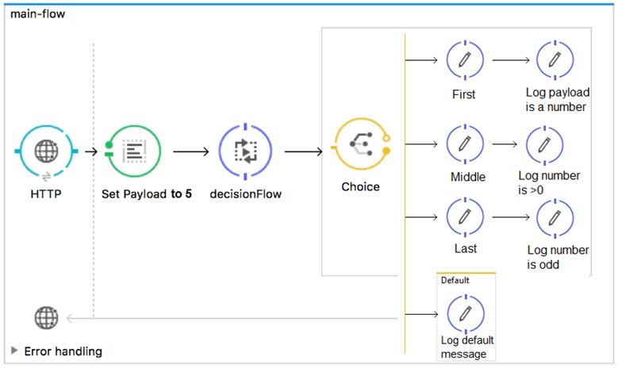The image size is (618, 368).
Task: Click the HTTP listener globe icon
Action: point(46,151)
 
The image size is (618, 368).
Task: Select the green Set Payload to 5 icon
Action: point(133,151)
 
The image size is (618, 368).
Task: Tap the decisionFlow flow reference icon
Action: point(245,151)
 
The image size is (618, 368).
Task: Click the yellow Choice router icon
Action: point(361,144)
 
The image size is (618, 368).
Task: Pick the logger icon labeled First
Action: point(465,60)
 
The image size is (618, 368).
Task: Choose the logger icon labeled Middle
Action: point(465,144)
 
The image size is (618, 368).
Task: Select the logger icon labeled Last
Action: point(465,217)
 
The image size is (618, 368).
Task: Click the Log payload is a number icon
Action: point(555,60)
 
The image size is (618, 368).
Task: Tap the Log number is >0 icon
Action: point(545,145)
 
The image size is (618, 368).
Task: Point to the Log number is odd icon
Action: point(555,218)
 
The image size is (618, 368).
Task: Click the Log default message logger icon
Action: point(466,314)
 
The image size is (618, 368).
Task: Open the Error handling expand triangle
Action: point(14,351)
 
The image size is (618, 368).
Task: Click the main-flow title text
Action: point(37,14)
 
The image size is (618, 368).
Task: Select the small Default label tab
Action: point(455,280)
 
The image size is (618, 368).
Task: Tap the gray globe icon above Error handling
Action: point(46,317)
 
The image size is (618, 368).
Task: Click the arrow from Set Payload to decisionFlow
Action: point(191,151)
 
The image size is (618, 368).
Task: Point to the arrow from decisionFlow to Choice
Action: point(304,151)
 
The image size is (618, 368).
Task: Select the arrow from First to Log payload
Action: point(511,60)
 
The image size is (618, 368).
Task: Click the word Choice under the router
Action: point(361,186)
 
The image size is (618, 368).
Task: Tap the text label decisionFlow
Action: point(246,194)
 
